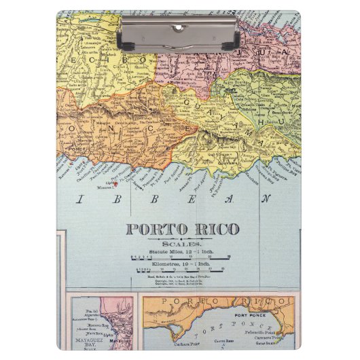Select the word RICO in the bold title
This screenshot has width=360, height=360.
click(208, 229)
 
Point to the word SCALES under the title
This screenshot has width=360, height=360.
click(180, 241)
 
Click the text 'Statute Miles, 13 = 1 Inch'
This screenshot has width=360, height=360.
click(180, 249)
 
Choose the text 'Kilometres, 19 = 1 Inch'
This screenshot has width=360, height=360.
click(180, 263)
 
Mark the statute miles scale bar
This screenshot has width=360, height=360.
click(180, 257)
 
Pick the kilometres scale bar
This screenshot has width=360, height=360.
click(180, 270)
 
